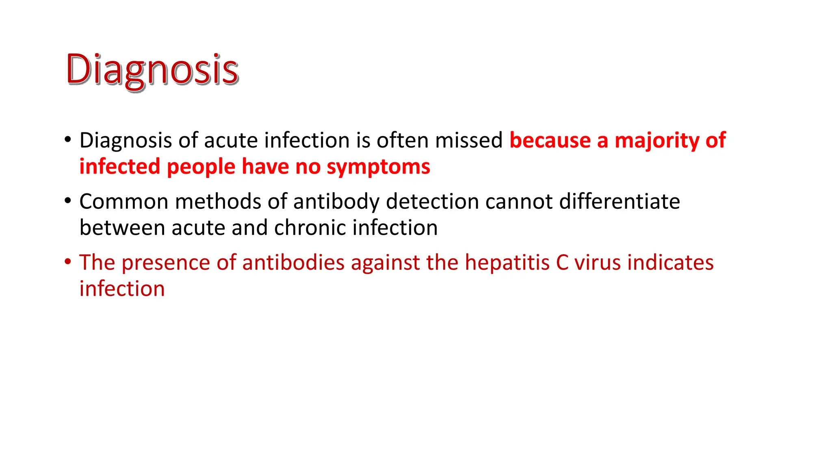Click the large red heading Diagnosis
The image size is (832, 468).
click(152, 70)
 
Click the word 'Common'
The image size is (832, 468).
click(124, 201)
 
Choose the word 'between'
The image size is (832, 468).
click(122, 227)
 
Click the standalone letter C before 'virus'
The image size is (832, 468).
click(562, 262)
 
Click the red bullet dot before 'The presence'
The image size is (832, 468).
click(68, 261)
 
